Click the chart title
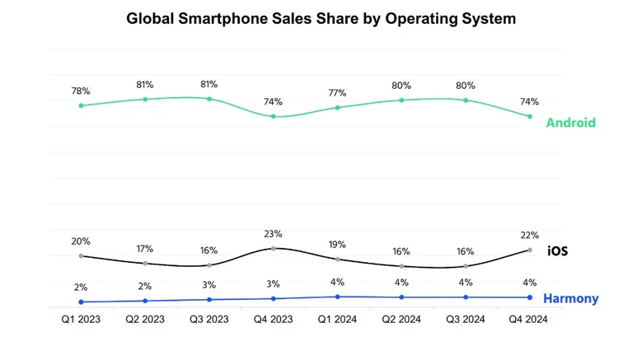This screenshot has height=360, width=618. point(321,19)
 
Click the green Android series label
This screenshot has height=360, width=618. point(570,123)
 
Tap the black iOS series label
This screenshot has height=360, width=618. point(557,250)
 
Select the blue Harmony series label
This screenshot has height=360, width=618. point(570,298)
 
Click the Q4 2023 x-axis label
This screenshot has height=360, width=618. point(274,318)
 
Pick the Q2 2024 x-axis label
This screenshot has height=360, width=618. point(401,318)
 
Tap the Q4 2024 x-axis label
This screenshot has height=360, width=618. point(529,318)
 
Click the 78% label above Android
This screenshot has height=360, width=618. point(81,89)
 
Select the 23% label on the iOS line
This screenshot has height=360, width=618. point(274,233)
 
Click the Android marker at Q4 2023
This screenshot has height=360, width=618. point(274,116)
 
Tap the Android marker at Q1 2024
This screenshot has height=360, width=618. point(337,107)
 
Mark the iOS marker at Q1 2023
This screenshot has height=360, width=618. point(81,256)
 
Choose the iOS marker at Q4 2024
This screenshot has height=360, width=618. point(529,250)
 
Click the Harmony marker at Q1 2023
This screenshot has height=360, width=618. point(81,302)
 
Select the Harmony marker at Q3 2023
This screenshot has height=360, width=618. point(209,300)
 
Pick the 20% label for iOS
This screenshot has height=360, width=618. point(81,241)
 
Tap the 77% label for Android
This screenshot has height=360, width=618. point(337,92)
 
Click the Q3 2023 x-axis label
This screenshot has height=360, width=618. point(209,318)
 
